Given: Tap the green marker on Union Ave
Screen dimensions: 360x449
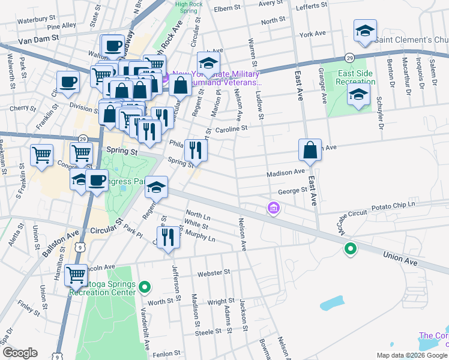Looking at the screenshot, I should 349,248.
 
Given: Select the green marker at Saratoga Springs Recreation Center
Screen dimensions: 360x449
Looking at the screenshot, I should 144,288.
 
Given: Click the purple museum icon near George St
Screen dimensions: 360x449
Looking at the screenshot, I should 273,208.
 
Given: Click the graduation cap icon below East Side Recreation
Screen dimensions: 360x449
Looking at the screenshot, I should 358,95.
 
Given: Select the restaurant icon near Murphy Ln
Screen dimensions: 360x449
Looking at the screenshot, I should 168,236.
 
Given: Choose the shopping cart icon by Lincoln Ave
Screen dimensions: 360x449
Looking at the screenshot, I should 76,275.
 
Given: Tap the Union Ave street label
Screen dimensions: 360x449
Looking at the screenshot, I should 402,257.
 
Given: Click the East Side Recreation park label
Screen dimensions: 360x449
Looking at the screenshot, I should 356,77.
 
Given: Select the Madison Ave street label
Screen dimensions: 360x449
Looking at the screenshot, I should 286,172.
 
